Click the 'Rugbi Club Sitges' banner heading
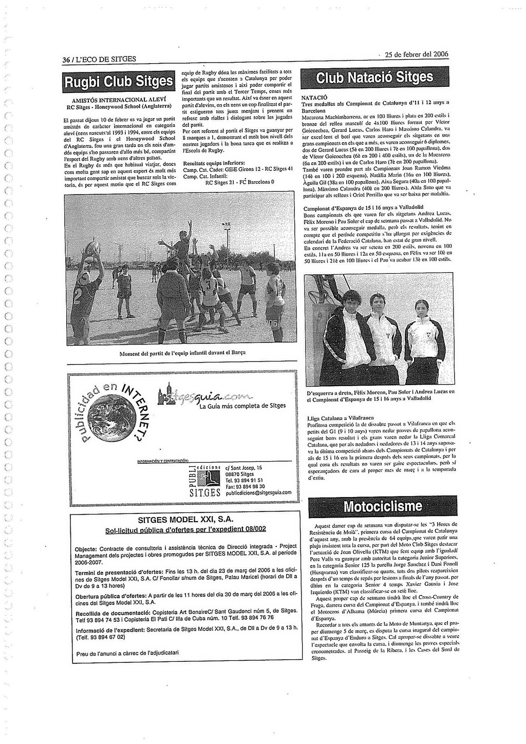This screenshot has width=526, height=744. pos(118,82)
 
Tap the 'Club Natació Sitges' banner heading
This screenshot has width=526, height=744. pos(374,78)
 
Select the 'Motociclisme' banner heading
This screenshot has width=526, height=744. pos(383,507)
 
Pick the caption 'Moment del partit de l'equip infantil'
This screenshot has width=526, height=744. pos(182,353)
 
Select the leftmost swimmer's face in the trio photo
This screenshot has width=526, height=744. pos(351,299)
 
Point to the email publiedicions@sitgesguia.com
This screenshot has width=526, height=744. pos(258,492)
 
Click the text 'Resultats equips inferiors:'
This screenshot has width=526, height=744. pos(214,163)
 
